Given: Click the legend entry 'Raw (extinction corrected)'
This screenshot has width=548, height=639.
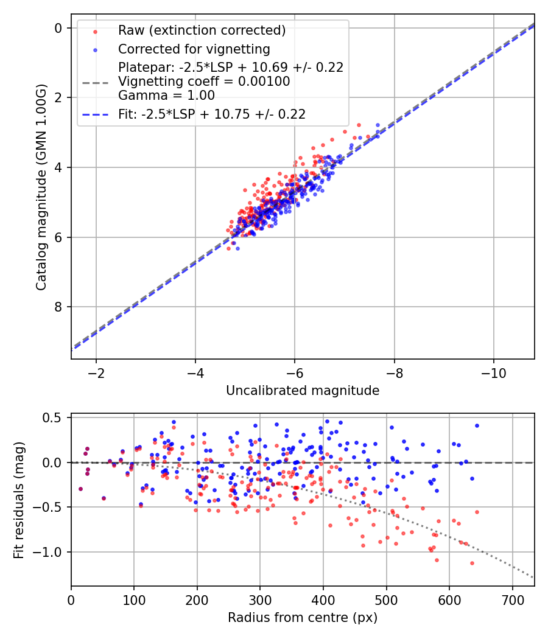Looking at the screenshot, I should (x=202, y=30).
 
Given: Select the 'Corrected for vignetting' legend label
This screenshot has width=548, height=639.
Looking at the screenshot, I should (x=194, y=49).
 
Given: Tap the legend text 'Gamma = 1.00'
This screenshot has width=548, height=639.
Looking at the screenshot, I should (x=166, y=95).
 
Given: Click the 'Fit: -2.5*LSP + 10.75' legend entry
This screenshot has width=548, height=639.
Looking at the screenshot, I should (x=211, y=114).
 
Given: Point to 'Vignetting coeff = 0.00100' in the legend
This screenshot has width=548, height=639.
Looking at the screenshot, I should (x=204, y=81).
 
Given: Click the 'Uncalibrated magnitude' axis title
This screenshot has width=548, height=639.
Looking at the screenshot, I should (x=303, y=391).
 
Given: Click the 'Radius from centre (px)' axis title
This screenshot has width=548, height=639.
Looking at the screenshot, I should (x=303, y=618).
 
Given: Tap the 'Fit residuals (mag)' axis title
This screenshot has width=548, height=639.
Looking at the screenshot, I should (x=19, y=499).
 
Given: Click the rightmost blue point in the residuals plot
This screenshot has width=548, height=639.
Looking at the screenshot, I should (x=477, y=426).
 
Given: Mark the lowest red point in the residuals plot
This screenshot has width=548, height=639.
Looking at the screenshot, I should (x=472, y=564).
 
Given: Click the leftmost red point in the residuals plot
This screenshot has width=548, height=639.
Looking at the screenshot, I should (x=80, y=489).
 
